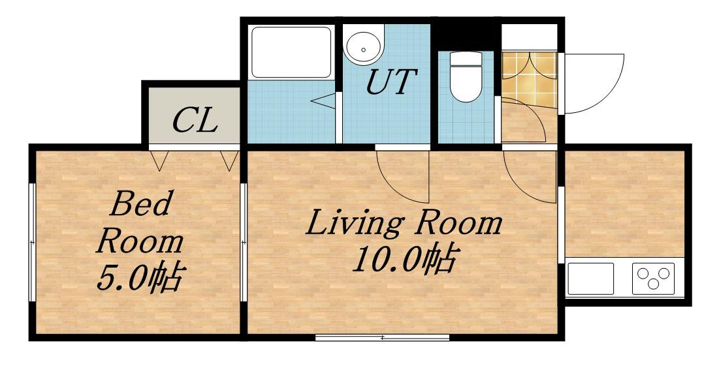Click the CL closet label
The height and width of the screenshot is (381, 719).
pos(195,120)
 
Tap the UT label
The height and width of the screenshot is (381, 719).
pos(391,82)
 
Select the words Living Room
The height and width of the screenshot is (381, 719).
pos(404,224)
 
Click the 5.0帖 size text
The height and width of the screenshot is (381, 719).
pos(140,278)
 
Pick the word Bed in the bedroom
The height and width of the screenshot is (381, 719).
pos(140,204)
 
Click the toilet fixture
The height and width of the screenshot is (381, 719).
pos(466,76)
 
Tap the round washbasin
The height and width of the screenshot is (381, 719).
pos(364,48)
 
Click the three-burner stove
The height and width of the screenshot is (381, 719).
pos(653,279)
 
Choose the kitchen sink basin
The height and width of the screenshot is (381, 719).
pos(590,279)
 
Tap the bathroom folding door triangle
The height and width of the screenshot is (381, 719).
pos(325,101)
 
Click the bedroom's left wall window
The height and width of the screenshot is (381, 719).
pos(32,242)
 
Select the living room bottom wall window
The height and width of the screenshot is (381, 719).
pos(383,338)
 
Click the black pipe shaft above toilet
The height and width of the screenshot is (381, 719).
pos(466,37)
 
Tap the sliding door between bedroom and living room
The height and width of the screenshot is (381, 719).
pos(244,242)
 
